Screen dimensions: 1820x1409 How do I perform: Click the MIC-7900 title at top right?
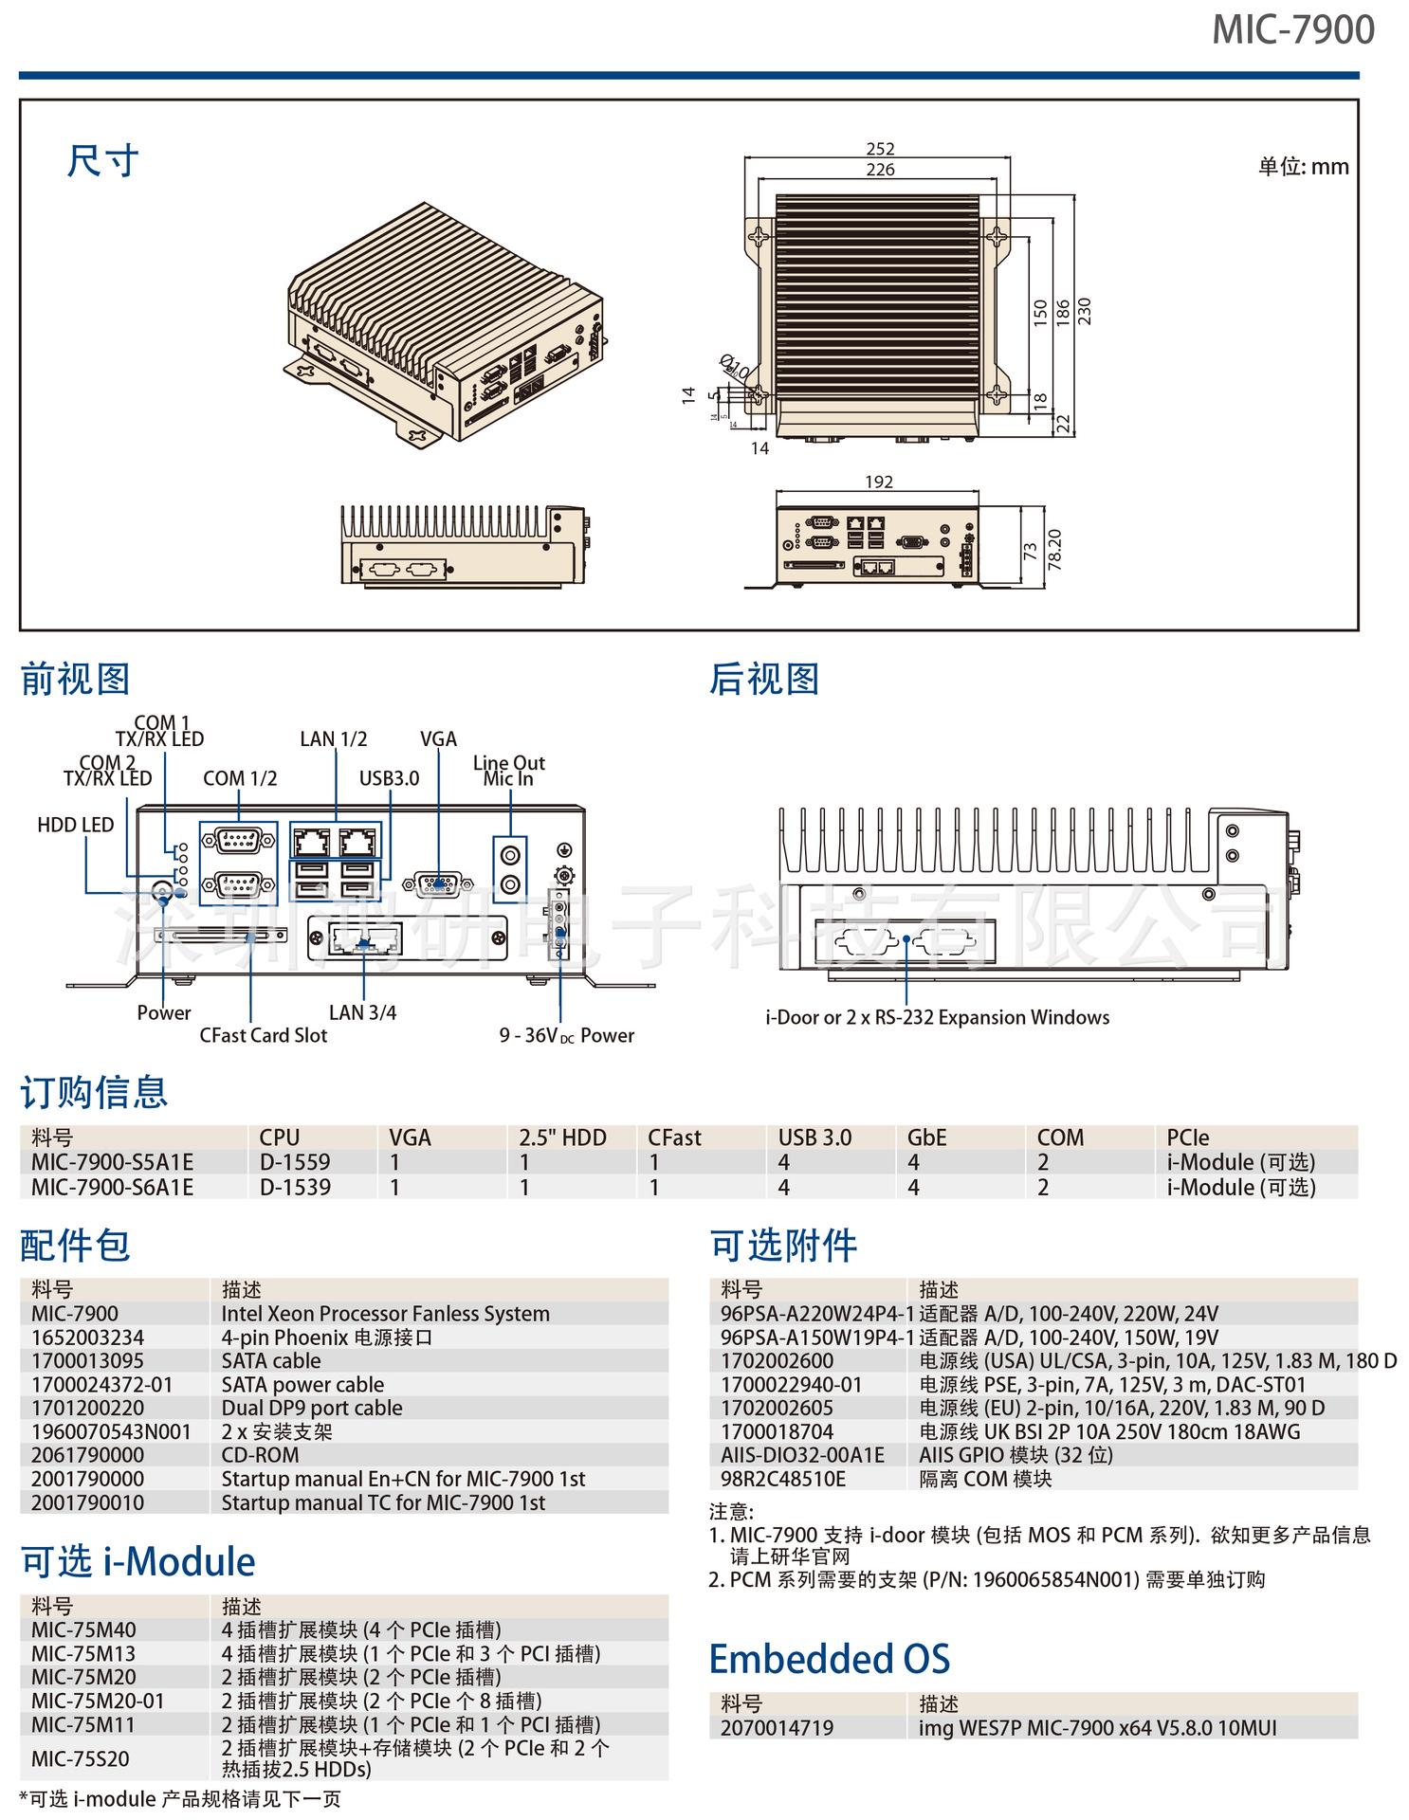[x=1292, y=30]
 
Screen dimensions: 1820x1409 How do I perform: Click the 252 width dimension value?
[x=880, y=149]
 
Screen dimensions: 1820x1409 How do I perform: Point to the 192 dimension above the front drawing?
[x=879, y=482]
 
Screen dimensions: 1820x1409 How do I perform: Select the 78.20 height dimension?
[x=1054, y=550]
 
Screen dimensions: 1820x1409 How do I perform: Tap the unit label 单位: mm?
[x=1303, y=167]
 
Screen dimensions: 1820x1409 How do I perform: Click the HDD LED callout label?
[x=76, y=825]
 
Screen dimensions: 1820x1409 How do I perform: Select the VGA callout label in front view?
[x=438, y=738]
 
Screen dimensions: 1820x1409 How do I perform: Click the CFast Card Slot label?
[x=263, y=1035]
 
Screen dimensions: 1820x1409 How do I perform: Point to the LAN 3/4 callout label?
[x=362, y=1012]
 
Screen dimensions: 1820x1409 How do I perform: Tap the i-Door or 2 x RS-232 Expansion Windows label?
[x=937, y=1017]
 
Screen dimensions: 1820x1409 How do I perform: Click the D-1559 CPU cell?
[x=295, y=1162]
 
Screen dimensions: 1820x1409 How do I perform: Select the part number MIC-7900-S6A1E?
[x=112, y=1187]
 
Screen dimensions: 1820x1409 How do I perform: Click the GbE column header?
[x=926, y=1137]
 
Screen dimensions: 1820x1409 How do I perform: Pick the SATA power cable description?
[x=302, y=1385]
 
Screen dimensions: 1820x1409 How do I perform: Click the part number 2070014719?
[x=777, y=1728]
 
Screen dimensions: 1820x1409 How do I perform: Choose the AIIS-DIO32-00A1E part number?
[x=802, y=1455]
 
